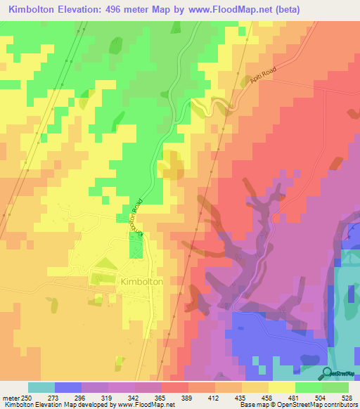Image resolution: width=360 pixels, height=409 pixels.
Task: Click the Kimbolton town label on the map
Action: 142,281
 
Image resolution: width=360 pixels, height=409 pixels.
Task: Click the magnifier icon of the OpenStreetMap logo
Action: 326,372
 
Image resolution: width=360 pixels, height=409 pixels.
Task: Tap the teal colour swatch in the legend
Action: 41,387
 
